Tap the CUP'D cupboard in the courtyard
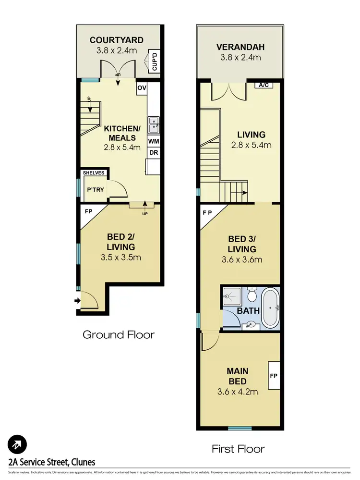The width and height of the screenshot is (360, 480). tap(155, 61)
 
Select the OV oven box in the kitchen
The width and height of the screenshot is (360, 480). tap(142, 88)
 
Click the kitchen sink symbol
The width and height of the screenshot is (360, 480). tap(154, 125)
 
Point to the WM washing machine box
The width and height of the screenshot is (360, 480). tap(154, 141)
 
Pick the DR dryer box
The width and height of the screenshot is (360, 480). tap(154, 153)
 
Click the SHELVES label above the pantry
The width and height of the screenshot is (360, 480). tap(94, 172)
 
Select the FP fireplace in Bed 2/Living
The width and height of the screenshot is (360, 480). tap(89, 210)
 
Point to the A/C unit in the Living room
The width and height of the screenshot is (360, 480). tap(263, 86)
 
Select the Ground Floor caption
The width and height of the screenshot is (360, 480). tap(119, 334)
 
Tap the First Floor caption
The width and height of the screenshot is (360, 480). tap(238, 449)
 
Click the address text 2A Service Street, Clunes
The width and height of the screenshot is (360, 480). tap(52, 462)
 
